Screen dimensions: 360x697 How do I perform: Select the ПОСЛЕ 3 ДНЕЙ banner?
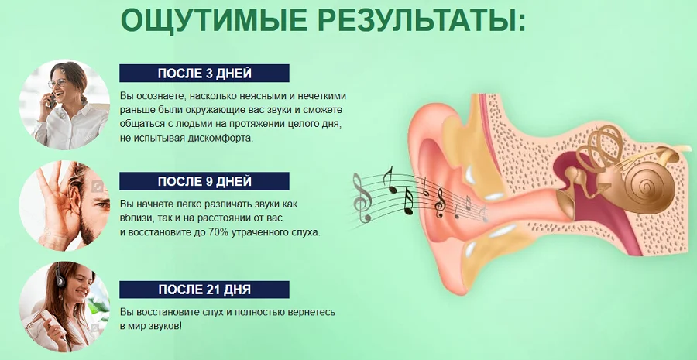[x=204, y=74]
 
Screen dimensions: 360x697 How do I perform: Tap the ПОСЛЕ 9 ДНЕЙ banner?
[x=204, y=181]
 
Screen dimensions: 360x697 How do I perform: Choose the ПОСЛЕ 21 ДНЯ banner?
[x=204, y=290]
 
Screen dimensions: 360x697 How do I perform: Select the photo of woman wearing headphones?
[x=64, y=307]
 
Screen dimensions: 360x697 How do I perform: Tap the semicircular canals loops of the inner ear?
[x=603, y=147]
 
